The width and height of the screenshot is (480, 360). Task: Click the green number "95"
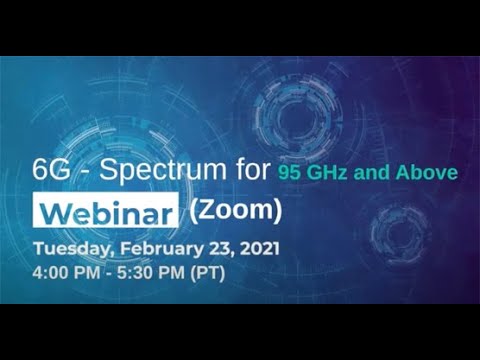[291, 173]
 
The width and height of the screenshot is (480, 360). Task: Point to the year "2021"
[260, 246]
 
